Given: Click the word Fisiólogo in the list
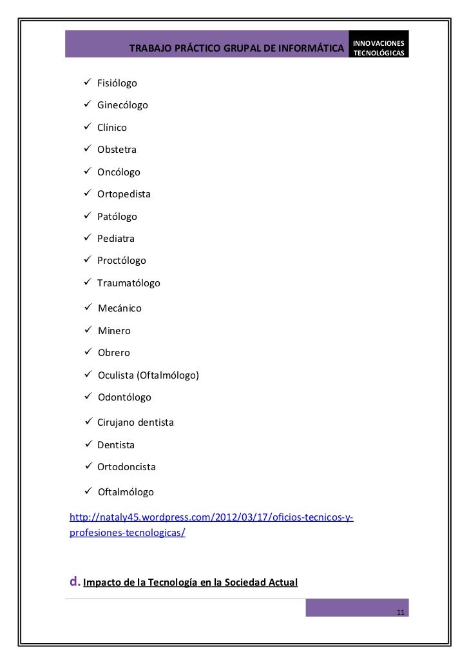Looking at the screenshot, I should tap(117, 83).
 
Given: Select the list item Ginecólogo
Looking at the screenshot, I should tap(122, 105).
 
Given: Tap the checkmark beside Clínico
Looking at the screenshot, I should tap(88, 127).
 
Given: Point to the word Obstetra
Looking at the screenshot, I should tap(117, 150).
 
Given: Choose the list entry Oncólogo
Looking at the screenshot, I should tap(119, 172).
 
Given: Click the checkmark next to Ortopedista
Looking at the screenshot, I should tap(88, 194).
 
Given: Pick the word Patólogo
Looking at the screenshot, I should tap(117, 217).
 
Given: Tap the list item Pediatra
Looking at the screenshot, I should tap(116, 239).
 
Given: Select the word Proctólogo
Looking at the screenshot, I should tap(122, 261).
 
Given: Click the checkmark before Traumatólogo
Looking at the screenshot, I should tap(88, 283).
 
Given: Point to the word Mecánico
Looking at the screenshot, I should tap(120, 308).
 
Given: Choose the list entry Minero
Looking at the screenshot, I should tap(114, 331).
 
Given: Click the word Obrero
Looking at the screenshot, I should tap(114, 353).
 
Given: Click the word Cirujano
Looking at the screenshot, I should tap(115, 422).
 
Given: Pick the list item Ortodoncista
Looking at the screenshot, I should tap(126, 466).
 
